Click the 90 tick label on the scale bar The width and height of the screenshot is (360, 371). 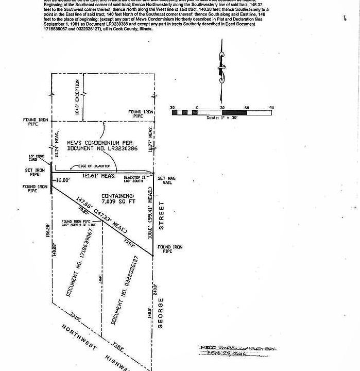(x=271, y=108)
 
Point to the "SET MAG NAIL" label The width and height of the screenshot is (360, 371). (x=166, y=180)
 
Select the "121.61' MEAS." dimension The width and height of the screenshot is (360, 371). (x=98, y=176)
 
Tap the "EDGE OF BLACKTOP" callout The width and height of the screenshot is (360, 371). (x=94, y=165)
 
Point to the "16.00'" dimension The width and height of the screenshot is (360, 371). (x=62, y=180)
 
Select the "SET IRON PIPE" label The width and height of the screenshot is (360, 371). (x=35, y=173)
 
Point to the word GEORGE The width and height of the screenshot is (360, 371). (x=161, y=312)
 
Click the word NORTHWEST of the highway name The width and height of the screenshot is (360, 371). (x=80, y=338)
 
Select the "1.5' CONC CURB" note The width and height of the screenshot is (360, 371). (x=36, y=158)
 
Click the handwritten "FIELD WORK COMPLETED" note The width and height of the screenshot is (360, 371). (x=237, y=349)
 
